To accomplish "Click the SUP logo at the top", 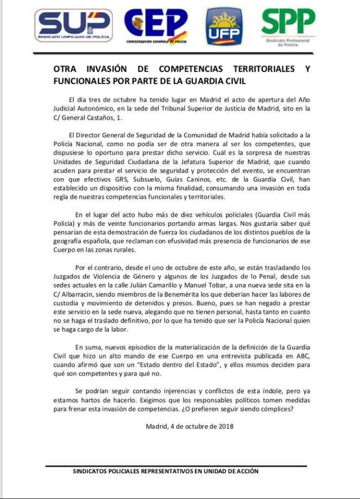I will point(74,25).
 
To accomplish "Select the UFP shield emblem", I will point(223,27).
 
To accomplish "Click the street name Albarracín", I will point(81,294).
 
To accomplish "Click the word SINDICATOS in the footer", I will point(92,471).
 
